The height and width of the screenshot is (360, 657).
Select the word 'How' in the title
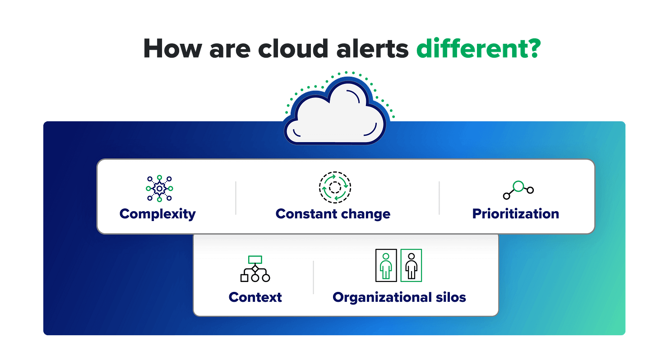171,49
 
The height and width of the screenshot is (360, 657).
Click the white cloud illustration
335,115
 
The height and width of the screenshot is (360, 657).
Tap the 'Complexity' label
157,213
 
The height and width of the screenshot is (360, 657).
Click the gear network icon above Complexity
159,188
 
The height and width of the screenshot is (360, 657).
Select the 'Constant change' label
333,213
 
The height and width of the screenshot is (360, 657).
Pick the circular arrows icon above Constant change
335,187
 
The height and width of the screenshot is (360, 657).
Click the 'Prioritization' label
515,213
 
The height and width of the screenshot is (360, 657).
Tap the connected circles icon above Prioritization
518,190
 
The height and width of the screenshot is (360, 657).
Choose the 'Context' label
255,297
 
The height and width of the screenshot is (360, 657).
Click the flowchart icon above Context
255,269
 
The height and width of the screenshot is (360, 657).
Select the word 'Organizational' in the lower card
382,297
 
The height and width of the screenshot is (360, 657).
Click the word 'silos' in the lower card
449,297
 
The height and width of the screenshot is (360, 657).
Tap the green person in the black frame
386,265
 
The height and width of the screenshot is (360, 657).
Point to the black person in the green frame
411,265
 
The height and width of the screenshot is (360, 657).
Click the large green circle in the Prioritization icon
518,186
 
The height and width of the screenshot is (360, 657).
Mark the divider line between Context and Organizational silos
314,277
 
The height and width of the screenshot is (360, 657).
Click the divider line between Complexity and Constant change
236,198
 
